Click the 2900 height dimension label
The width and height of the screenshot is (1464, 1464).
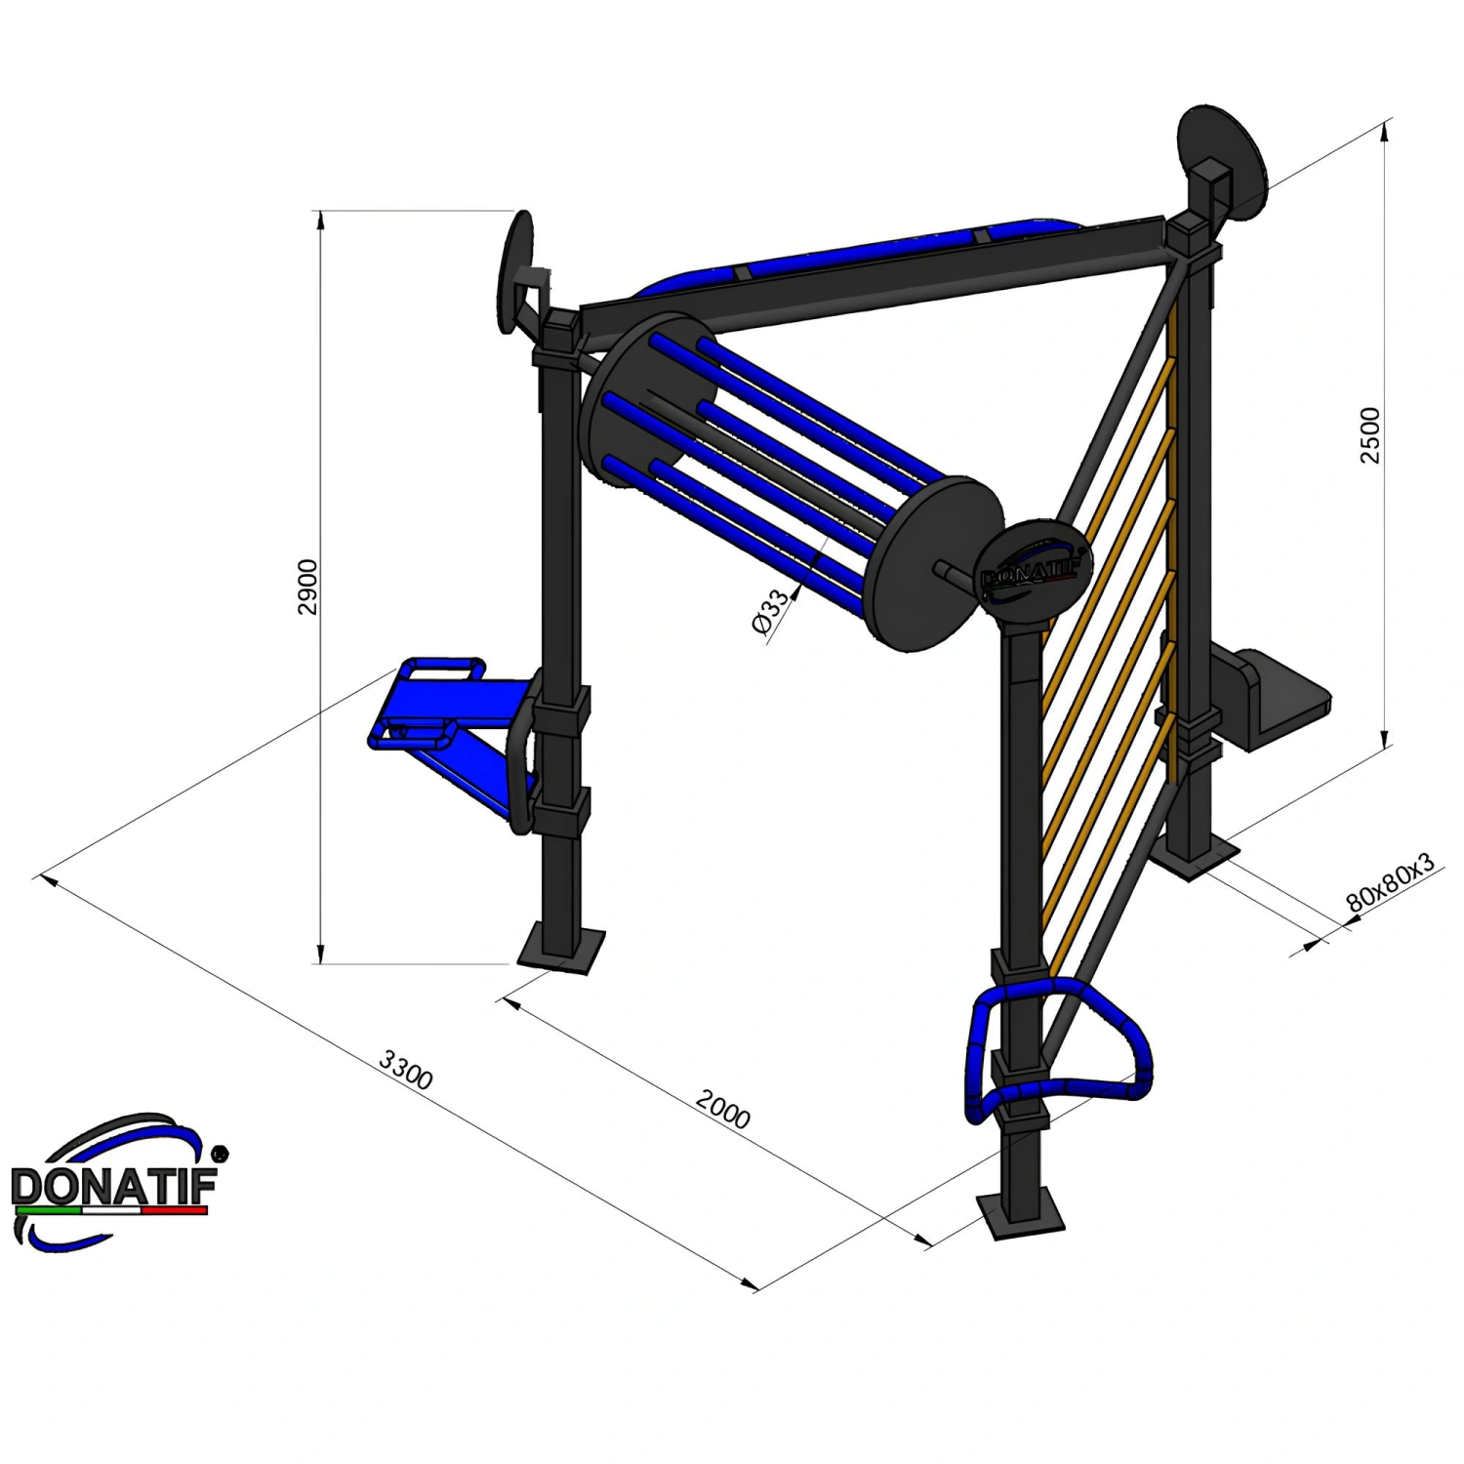pos(307,587)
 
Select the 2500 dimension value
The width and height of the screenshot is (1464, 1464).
pos(1370,435)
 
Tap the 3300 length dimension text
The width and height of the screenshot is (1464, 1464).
pos(406,1070)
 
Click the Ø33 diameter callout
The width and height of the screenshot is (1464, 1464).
pos(772,612)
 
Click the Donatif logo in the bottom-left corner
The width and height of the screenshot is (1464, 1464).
pos(115,1182)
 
